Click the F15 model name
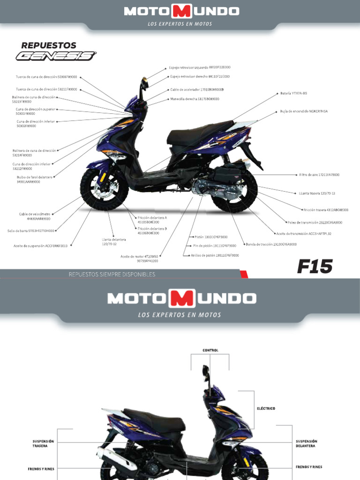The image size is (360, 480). [315, 267]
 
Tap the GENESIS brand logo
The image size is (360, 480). [56, 56]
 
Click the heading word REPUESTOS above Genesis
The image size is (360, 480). [49, 45]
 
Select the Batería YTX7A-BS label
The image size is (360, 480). [294, 94]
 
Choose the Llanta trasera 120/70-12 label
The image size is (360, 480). [317, 193]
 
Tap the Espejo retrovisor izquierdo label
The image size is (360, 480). [200, 67]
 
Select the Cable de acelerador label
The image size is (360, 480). [197, 90]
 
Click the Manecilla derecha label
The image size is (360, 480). [195, 99]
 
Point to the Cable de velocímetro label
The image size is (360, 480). [35, 216]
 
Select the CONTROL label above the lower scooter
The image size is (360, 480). [210, 350]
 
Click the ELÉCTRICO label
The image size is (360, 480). [265, 408]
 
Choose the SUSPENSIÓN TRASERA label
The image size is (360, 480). [44, 443]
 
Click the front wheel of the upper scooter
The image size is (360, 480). [104, 188]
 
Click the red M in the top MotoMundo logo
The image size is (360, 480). [181, 11]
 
